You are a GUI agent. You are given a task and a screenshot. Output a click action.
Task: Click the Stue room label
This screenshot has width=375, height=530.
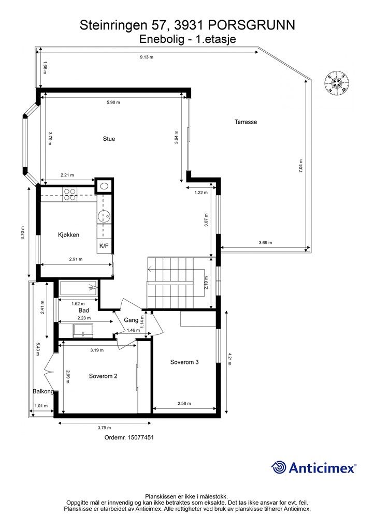[x=109, y=139]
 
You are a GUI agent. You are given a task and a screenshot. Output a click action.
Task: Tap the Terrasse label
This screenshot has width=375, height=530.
[x=246, y=122]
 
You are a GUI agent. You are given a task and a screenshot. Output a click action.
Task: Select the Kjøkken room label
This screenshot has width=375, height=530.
[x=69, y=234]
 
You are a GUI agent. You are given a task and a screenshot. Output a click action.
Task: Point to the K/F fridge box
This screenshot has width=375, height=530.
[x=104, y=246]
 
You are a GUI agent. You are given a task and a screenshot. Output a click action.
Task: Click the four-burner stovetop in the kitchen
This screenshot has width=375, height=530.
[x=69, y=195]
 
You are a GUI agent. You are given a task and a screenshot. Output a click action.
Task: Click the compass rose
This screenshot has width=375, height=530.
[x=337, y=82]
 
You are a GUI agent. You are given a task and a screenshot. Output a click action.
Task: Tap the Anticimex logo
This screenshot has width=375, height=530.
[x=313, y=468]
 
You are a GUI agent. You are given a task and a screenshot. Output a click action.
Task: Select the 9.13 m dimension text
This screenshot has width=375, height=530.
[x=147, y=57]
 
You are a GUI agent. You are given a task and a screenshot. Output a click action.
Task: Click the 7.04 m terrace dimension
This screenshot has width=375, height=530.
[x=300, y=166]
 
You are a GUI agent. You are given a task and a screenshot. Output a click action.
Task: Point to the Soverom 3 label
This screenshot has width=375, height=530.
[x=184, y=362]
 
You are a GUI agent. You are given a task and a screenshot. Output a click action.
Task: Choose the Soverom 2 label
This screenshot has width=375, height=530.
[x=103, y=376]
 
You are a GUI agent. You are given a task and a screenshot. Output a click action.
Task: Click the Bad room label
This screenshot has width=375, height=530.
[x=84, y=311]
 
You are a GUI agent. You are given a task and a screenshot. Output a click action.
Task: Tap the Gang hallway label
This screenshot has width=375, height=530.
[x=131, y=320]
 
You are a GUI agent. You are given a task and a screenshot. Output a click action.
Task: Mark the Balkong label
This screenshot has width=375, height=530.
[x=44, y=391]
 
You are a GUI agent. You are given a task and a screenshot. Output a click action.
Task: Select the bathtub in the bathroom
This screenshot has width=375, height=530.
[x=78, y=288]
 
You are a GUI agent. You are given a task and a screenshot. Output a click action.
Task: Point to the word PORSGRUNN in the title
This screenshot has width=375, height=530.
[x=251, y=25]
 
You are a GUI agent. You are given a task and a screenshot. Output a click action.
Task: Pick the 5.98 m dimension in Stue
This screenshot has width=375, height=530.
[x=113, y=102]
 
